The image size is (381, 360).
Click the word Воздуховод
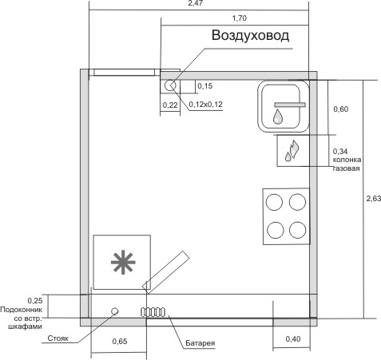tap(250, 35)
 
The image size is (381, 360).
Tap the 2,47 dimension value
tap(196, 3)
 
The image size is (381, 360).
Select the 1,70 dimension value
tap(240, 18)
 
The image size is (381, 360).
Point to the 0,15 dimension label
tap(205, 86)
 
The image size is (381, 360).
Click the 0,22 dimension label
tap(170, 105)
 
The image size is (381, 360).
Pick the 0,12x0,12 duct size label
tap(205, 105)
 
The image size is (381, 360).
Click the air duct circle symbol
tap(170, 85)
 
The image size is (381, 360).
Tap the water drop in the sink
tap(278, 117)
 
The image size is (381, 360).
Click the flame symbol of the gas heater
tap(292, 150)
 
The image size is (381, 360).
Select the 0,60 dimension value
tap(341, 109)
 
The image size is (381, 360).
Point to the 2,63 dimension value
tap(374, 199)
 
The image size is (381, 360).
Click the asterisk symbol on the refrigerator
tap(123, 262)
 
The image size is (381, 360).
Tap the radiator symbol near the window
tap(153, 312)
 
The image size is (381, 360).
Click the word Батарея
tap(200, 343)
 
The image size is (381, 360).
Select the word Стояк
tap(58, 338)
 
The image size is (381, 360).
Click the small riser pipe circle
tap(115, 311)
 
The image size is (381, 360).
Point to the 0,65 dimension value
tap(120, 342)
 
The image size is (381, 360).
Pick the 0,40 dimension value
tap(293, 339)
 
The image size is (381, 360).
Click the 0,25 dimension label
tap(35, 301)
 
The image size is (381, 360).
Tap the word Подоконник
tap(22, 310)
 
